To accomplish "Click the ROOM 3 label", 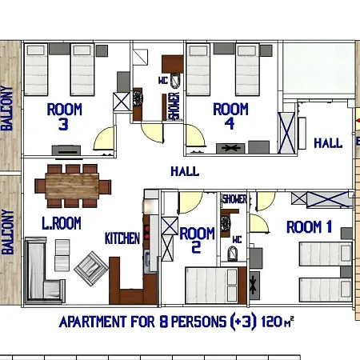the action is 64,117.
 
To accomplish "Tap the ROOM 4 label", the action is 230,116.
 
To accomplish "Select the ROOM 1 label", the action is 309,227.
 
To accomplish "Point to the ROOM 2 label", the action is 197,240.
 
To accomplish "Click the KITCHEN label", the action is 122,238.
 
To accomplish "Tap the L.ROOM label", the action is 62,223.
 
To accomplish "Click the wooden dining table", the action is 72,186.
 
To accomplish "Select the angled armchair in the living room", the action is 91,268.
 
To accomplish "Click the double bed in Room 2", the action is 211,286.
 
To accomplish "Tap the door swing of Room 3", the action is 104,138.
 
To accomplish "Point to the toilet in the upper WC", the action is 175,80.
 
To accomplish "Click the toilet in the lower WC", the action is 233,254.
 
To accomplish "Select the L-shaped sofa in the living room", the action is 44,270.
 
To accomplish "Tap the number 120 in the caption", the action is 272,322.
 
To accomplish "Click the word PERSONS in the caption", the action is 198,322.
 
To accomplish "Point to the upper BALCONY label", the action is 7,108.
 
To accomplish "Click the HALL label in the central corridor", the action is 185,171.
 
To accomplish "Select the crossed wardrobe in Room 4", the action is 286,133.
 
